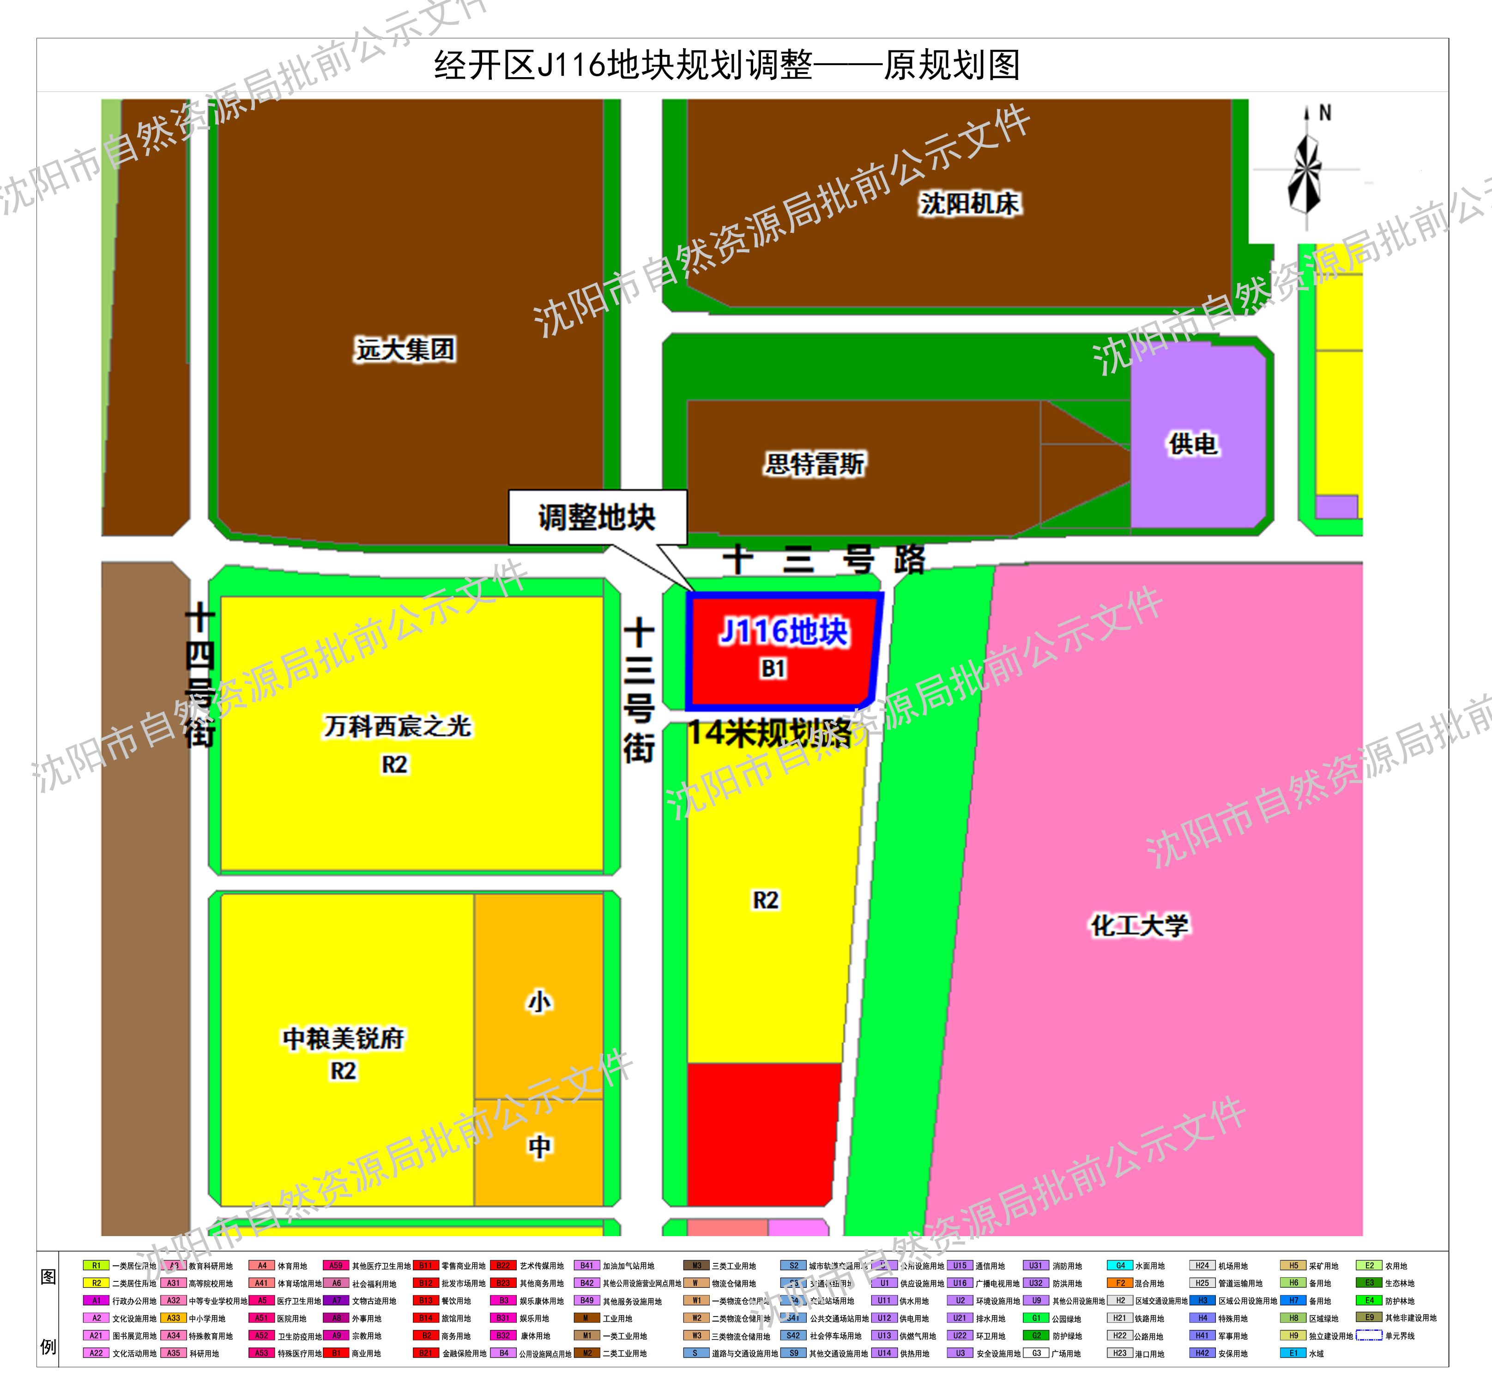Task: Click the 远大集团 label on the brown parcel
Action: (x=405, y=350)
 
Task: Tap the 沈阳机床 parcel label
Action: (x=969, y=204)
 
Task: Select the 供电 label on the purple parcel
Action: (x=1193, y=444)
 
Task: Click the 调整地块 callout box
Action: (x=597, y=517)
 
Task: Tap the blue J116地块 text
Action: (x=784, y=631)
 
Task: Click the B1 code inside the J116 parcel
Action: (x=773, y=668)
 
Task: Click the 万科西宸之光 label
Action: (x=397, y=726)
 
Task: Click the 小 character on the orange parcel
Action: (x=539, y=1001)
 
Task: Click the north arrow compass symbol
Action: (x=1306, y=172)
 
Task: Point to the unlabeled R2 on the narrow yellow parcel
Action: (x=766, y=899)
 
